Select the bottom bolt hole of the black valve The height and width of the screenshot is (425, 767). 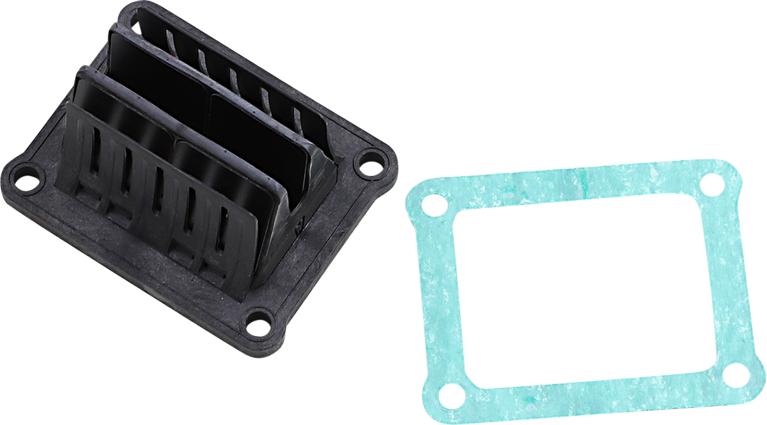[258, 323]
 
